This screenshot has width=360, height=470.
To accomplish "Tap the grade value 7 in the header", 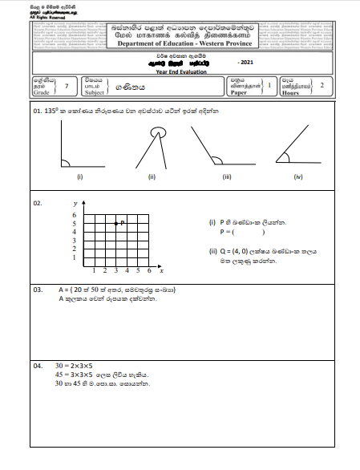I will pyautogui.click(x=67, y=84).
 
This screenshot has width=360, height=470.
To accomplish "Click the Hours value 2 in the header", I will pyautogui.click(x=322, y=84).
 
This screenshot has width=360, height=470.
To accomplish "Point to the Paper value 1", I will pyautogui.click(x=269, y=84).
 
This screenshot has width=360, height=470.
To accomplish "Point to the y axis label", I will pyautogui.click(x=74, y=205).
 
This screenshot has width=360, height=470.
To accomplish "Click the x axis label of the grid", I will pyautogui.click(x=161, y=270).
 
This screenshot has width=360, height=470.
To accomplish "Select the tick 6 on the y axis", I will pyautogui.click(x=74, y=216).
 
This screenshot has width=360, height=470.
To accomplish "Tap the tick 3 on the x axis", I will pyautogui.click(x=116, y=270).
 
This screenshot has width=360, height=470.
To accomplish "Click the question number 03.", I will pyautogui.click(x=38, y=288).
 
